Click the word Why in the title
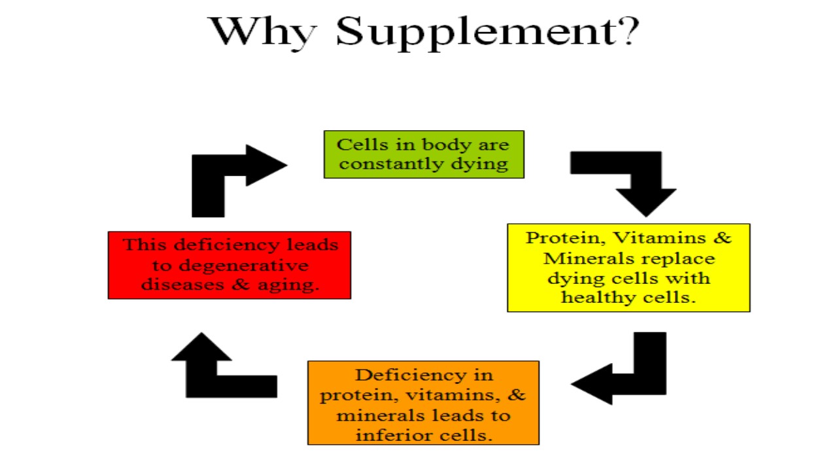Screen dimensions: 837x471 [x=262, y=33]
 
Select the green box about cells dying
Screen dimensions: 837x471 [x=424, y=154]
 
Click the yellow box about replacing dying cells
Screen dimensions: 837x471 [x=628, y=268]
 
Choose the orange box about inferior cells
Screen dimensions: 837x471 [x=423, y=402]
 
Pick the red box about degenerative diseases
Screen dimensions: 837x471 [x=230, y=265]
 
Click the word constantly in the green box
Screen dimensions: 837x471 [x=392, y=164]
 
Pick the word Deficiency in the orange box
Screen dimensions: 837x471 [x=411, y=375]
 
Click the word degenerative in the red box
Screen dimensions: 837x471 [x=244, y=266]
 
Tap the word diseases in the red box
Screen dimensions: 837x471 [x=182, y=285]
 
